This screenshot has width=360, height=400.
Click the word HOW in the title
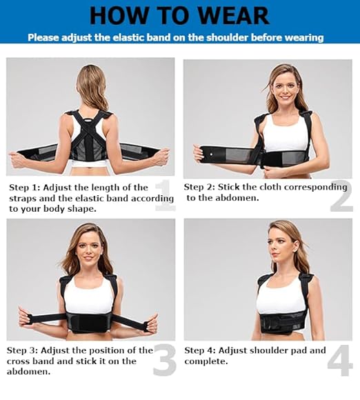click(x=118, y=14)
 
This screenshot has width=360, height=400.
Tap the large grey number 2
click(x=341, y=196)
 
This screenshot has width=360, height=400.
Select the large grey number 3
click(x=164, y=359)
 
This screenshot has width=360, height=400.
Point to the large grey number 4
click(x=339, y=360)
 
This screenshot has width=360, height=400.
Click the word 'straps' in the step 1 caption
click(x=24, y=197)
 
